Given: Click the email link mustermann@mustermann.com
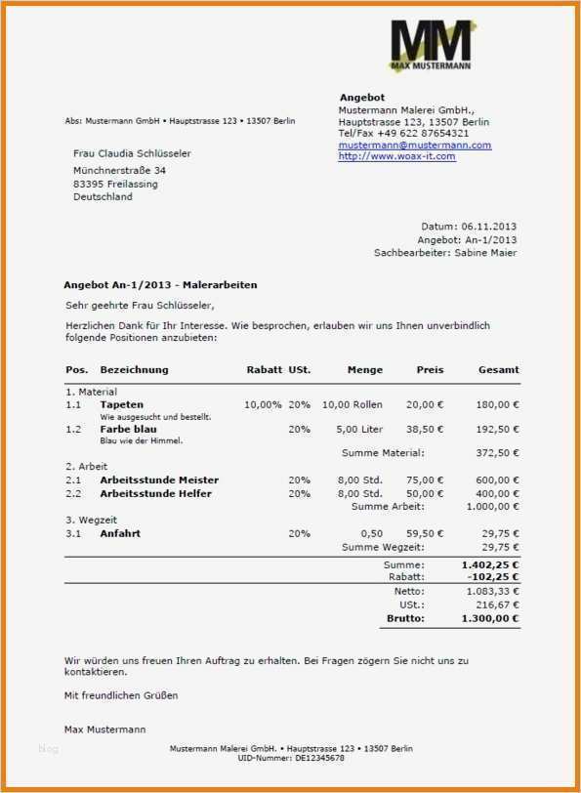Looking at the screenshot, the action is (x=415, y=145).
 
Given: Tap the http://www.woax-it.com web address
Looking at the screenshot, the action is (x=396, y=156).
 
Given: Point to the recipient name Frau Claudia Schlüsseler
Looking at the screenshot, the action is (x=132, y=153).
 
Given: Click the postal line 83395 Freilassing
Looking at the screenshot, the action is (x=115, y=184).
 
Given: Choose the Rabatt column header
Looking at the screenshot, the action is (x=264, y=370).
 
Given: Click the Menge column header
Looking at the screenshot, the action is (x=365, y=370).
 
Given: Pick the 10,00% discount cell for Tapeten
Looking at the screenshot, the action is (x=263, y=404).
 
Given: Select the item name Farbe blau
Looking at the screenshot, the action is (x=128, y=429).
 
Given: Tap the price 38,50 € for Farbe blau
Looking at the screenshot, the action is (x=425, y=429).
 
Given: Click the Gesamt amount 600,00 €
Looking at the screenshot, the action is (x=498, y=480).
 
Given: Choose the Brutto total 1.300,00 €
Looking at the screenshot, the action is (x=490, y=618).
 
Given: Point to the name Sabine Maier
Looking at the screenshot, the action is (x=484, y=253).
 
